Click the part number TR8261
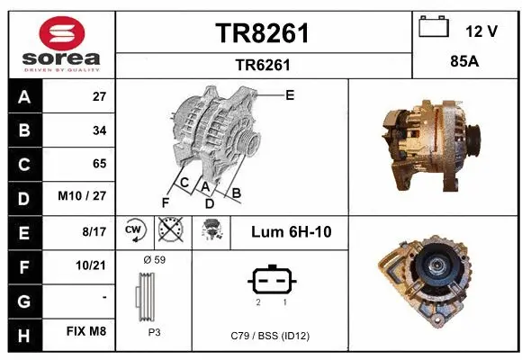[x=263, y=33]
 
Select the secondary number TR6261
[x=263, y=64]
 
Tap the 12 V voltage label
[x=481, y=31]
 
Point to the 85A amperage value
[x=466, y=63]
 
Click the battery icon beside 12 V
[x=434, y=28]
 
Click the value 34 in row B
[x=99, y=130]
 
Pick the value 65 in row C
[x=99, y=164]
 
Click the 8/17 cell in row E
[x=94, y=231]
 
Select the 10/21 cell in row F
[x=93, y=265]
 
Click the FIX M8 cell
[x=87, y=331]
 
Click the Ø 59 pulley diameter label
[x=154, y=259]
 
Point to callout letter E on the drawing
[x=289, y=94]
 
